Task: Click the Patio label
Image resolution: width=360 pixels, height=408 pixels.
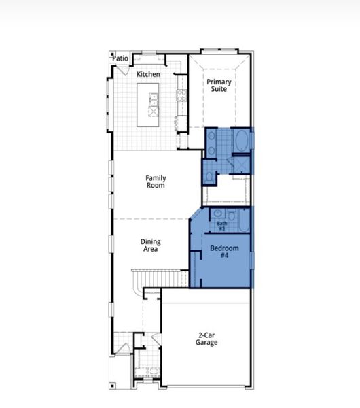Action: click(120, 58)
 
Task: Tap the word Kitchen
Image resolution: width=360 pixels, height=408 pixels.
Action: click(148, 74)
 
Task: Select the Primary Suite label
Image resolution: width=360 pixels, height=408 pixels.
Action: click(219, 86)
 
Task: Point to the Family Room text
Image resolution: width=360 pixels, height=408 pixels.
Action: click(156, 182)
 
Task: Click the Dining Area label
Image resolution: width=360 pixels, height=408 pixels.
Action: click(150, 245)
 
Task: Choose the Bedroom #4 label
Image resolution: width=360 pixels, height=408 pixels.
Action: click(223, 252)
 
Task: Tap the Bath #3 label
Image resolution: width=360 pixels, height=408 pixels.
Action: click(221, 226)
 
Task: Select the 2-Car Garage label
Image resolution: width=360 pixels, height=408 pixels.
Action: click(207, 339)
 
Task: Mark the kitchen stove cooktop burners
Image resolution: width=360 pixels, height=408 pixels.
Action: click(181, 96)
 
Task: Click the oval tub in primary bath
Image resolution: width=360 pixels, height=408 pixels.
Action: click(240, 142)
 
